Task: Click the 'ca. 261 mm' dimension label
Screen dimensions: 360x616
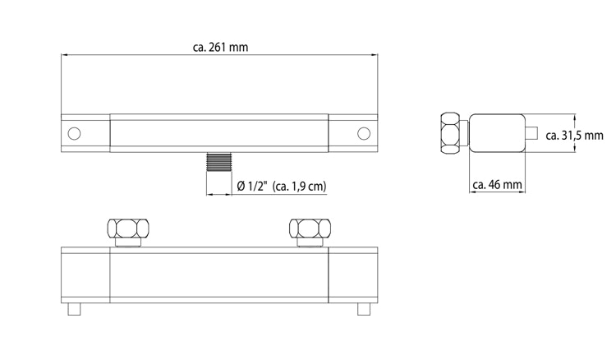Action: [x=219, y=48]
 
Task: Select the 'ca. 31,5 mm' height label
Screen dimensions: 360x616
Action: [x=574, y=135]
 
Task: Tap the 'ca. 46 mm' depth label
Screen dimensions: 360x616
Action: [x=498, y=186]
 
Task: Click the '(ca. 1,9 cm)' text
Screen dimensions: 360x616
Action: [x=299, y=187]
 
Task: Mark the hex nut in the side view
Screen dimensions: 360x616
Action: [x=453, y=133]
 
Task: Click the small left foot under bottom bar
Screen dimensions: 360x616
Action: [x=75, y=309]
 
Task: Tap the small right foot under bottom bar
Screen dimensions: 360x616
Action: [x=363, y=309]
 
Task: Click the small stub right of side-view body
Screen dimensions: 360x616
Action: [x=532, y=133]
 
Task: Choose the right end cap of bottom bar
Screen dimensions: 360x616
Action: [x=352, y=275]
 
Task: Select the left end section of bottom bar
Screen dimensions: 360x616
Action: [x=85, y=275]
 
